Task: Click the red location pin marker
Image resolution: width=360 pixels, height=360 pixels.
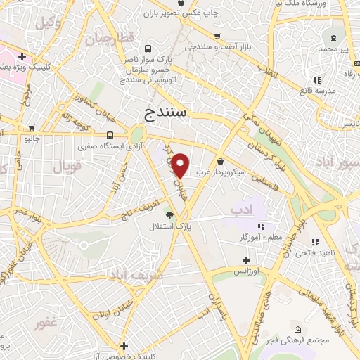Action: [181, 166]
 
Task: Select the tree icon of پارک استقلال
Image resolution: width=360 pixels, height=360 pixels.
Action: [169, 214]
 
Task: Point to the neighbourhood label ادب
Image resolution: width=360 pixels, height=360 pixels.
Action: [240, 209]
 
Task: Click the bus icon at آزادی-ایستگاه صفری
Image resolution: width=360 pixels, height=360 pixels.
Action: [110, 135]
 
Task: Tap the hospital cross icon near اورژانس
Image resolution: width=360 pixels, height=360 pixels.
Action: [246, 260]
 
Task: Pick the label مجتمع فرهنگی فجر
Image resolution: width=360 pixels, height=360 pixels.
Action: [297, 340]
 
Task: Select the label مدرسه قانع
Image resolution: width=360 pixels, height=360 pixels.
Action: [316, 90]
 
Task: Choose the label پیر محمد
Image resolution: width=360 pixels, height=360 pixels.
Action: [334, 49]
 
